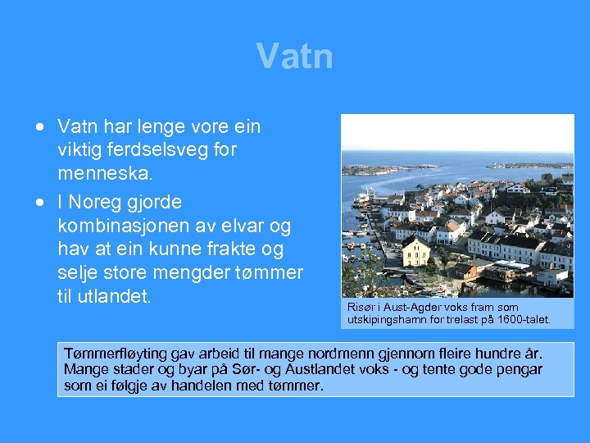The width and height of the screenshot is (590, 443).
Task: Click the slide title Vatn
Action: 294,57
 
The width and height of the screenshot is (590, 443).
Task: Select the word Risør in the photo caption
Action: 361,307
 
